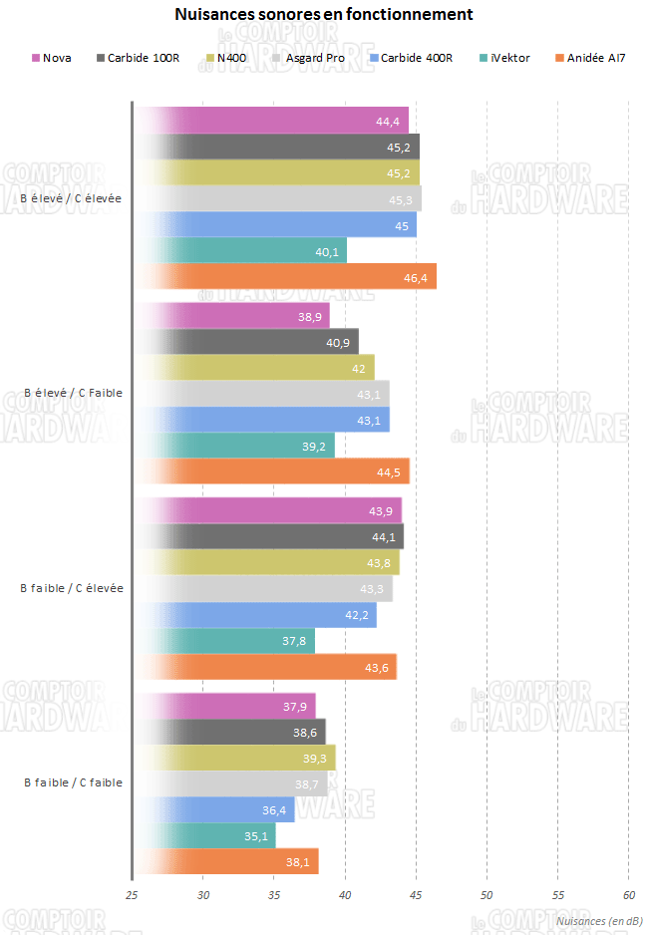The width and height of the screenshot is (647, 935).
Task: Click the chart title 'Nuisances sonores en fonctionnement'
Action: point(323,15)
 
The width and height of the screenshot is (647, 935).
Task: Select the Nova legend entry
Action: point(57,58)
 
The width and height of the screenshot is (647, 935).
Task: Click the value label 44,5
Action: point(390,472)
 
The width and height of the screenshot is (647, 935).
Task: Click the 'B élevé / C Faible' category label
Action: point(73,393)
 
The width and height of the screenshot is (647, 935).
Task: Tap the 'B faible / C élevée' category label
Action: point(72,588)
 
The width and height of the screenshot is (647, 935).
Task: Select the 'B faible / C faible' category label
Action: point(73,782)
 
